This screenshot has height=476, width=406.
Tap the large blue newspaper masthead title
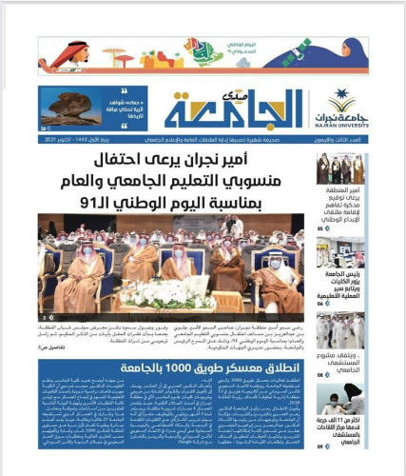pyautogui.click(x=242, y=108)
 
